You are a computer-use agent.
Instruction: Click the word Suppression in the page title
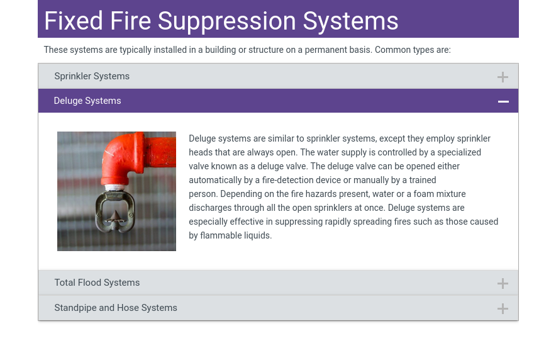coord(227,21)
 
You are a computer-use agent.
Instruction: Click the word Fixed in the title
coord(74,21)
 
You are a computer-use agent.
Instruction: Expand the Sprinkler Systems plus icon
coord(503,77)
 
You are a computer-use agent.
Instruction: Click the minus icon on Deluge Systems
coord(503,101)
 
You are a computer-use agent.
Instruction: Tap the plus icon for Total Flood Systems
coord(503,283)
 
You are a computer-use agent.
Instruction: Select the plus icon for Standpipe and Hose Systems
coord(503,308)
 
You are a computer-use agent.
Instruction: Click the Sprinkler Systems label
coord(92,76)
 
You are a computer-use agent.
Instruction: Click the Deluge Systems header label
coord(87,101)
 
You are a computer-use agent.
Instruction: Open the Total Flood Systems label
coord(97,283)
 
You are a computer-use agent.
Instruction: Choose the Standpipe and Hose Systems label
coord(116,308)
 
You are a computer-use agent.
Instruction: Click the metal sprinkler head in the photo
coord(115,211)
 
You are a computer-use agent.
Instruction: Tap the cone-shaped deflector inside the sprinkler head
coord(115,217)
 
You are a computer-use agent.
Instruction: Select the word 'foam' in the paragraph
coord(425,194)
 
